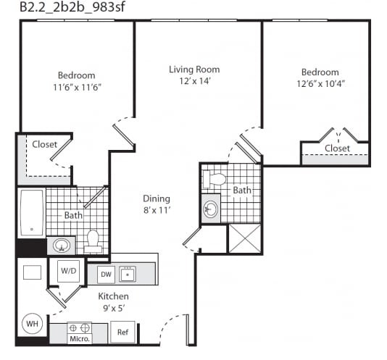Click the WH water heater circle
33,324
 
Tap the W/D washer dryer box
69,271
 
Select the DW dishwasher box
106,275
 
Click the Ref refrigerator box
122,332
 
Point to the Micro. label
80,338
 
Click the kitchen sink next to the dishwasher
128,274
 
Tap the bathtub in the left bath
32,213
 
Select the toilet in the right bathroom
214,179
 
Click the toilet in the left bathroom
93,242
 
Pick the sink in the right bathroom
210,209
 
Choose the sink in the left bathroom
62,246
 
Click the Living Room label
194,70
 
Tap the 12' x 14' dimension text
195,81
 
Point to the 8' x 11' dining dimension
157,210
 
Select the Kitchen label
113,296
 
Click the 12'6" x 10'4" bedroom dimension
320,84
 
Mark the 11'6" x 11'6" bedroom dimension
78,88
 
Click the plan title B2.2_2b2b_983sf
72,7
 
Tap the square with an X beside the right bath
245,238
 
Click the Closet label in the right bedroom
337,148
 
